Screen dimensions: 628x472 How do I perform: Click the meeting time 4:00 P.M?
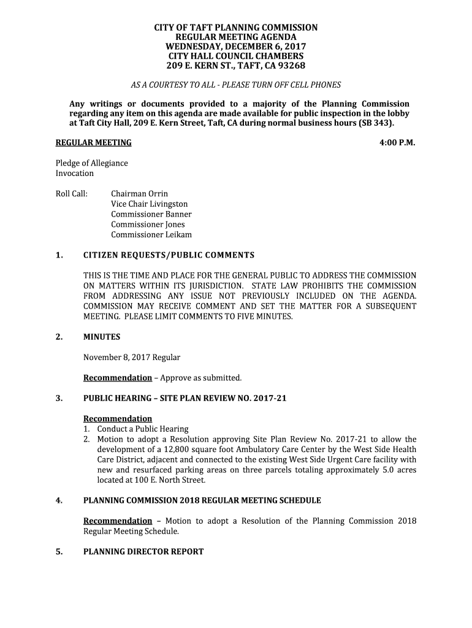pos(398,143)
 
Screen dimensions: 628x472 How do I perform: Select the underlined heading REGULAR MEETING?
pos(94,143)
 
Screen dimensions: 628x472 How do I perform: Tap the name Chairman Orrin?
pos(139,194)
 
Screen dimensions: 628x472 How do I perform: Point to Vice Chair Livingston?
pos(149,204)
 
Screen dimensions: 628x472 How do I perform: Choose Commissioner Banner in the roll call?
pos(151,214)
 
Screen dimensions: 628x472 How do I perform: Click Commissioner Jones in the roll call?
pos(148,224)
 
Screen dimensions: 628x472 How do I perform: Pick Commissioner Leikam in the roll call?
pos(151,235)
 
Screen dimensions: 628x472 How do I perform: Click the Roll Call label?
pos(72,194)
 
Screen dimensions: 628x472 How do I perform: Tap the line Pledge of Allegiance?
pos(92,163)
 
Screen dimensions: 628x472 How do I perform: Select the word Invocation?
pos(75,174)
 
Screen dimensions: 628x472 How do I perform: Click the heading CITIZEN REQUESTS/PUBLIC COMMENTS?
pos(169,255)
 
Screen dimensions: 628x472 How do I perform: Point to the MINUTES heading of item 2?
pos(102,337)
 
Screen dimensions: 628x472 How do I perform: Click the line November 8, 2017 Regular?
pos(132,358)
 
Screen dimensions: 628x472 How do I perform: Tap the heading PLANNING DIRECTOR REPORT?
pos(143,552)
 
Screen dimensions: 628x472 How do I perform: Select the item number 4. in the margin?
pos(59,500)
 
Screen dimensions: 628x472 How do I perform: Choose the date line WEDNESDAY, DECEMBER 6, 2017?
pos(236,47)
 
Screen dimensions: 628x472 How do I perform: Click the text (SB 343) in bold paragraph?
pos(376,123)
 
